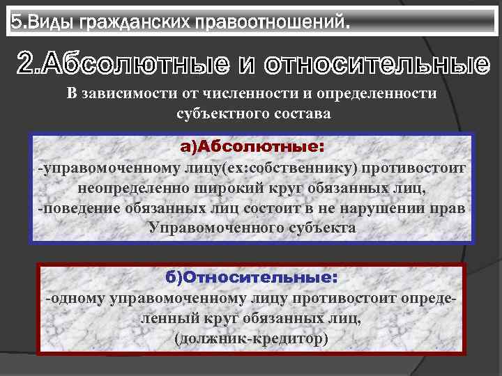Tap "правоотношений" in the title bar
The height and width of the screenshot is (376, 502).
tap(264, 23)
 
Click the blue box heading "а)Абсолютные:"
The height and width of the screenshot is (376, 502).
tap(252, 148)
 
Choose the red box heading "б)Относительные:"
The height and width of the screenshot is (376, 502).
tap(252, 277)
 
